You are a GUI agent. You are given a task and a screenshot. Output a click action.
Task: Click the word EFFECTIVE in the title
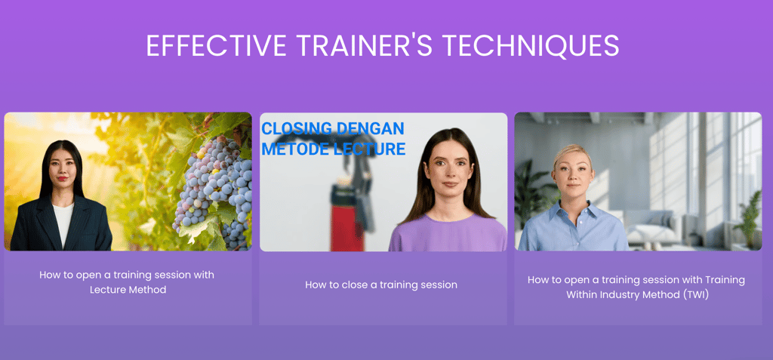(x=217, y=45)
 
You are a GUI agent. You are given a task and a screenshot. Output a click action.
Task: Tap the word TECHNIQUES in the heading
(x=531, y=45)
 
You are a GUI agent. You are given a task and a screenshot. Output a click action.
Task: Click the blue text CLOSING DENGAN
(x=333, y=129)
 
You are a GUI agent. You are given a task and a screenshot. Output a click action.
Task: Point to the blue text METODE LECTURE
(x=333, y=149)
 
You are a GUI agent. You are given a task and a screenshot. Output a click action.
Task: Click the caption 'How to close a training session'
(x=381, y=285)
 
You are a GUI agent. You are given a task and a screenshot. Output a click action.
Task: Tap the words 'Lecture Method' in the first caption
(x=128, y=290)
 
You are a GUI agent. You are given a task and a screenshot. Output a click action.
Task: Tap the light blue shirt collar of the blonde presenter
(x=574, y=210)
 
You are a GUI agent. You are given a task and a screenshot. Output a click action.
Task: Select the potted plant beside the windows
(x=747, y=217)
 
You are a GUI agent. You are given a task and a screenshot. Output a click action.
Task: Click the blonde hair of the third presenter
(x=572, y=153)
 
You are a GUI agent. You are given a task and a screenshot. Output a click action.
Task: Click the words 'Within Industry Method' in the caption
(x=623, y=295)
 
